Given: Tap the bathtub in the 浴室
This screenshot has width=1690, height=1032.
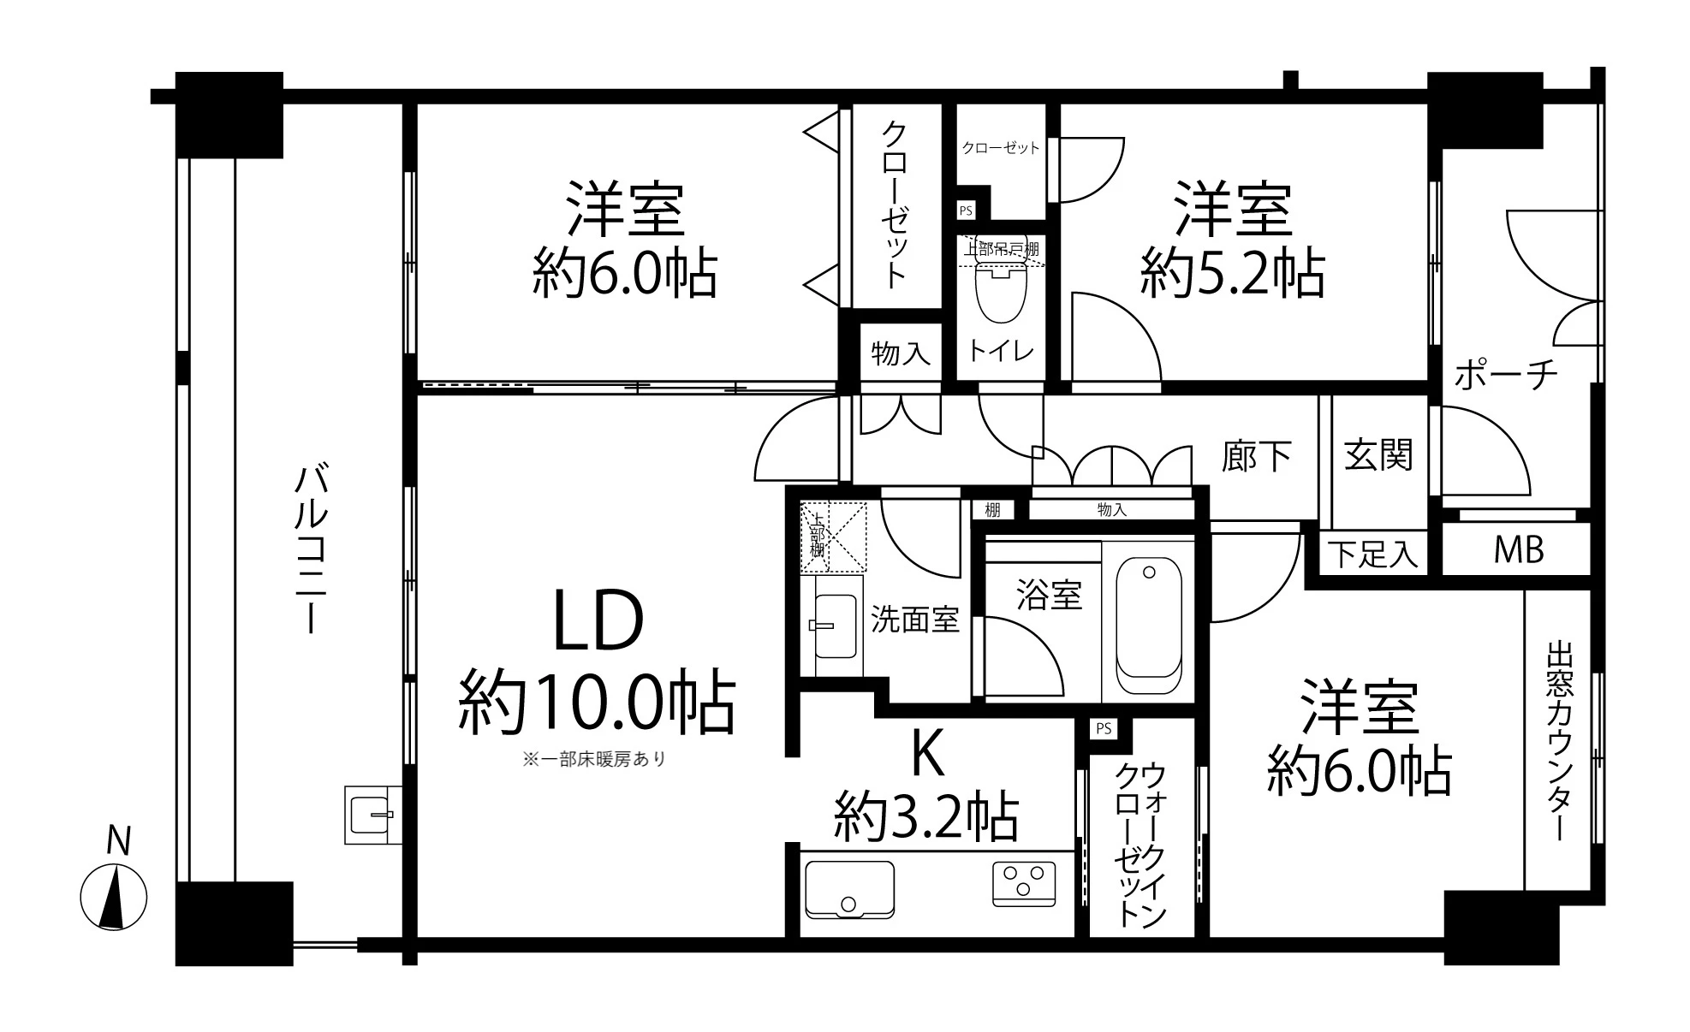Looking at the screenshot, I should coord(1149,626).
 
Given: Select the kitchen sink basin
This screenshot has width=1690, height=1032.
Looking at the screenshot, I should coord(849,890).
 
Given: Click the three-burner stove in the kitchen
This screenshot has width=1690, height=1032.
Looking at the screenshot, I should coord(1024,884).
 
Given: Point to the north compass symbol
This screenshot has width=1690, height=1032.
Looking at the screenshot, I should coord(114,899).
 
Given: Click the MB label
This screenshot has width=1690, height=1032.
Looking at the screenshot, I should coord(1518,550).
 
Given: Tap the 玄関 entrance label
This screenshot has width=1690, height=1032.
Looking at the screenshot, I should coord(1378,454).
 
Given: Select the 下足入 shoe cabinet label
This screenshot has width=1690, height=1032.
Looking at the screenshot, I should coord(1373,555).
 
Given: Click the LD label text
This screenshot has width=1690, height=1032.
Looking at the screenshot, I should coord(598,623).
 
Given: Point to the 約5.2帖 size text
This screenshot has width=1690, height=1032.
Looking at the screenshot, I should coord(1232,274).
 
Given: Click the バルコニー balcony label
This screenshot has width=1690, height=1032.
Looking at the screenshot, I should coord(310,549).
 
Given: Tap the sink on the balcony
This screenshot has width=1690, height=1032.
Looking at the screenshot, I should coord(373,814).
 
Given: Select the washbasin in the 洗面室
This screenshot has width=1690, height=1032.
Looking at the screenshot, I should coord(835,626).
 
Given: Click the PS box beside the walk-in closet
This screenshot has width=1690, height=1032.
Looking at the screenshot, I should coord(1104,728).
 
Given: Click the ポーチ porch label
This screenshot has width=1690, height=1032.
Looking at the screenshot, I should coord(1506,375).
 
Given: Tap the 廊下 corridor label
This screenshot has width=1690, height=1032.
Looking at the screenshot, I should coord(1256,456).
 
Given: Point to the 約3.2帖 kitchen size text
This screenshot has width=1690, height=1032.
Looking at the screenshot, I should coord(926,817).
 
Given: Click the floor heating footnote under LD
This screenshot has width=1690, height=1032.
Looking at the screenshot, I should coord(593,759).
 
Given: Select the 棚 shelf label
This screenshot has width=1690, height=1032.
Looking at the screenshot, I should coord(992,510).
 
